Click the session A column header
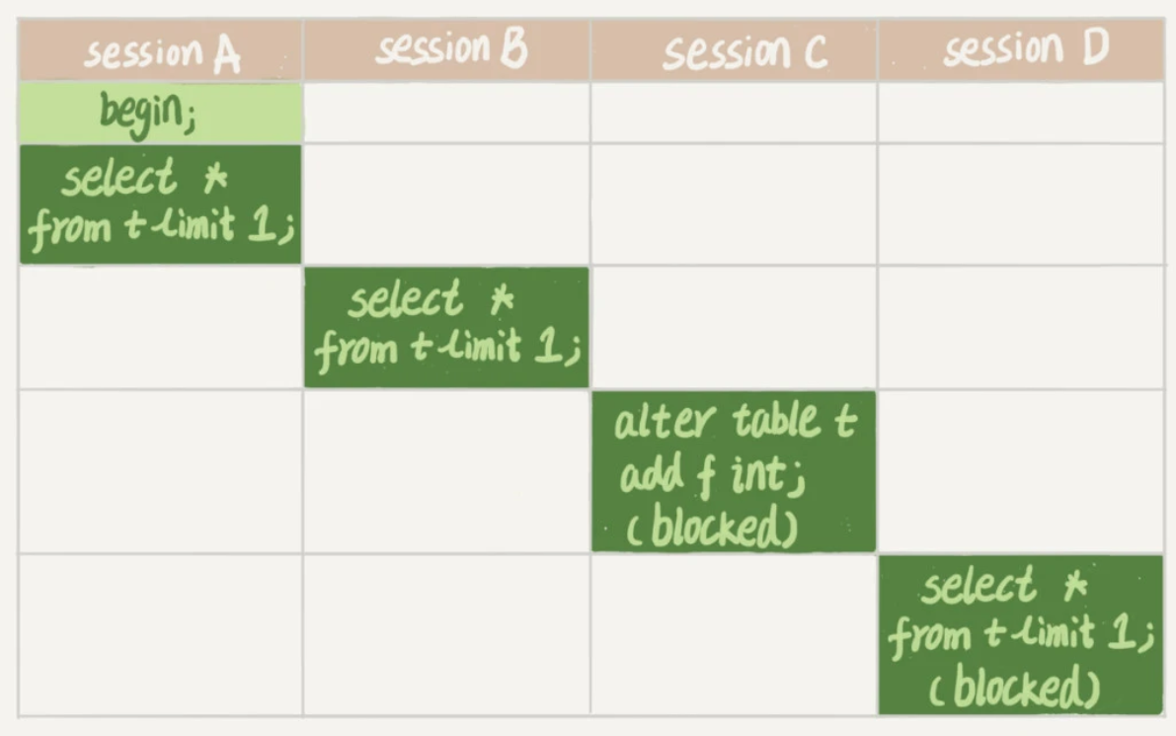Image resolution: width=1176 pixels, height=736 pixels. (x=161, y=50)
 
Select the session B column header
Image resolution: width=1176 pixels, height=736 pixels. (x=447, y=50)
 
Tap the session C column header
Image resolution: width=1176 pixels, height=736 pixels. (x=734, y=50)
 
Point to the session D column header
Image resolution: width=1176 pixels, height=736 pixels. (x=1021, y=50)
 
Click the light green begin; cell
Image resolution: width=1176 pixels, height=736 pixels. (x=161, y=113)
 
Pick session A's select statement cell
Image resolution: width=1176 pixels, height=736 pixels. (x=161, y=204)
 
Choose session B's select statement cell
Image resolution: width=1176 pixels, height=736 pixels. (x=447, y=327)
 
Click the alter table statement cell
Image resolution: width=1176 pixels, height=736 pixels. (x=734, y=471)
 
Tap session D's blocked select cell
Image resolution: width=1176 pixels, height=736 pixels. (x=1021, y=634)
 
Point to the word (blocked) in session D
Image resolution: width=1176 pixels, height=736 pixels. (x=1014, y=687)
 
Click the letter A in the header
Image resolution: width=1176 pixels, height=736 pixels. (x=226, y=54)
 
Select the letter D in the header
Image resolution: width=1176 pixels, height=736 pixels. (x=1095, y=46)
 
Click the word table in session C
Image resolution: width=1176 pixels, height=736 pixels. (x=777, y=420)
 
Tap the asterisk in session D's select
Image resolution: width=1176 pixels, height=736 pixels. (x=1075, y=586)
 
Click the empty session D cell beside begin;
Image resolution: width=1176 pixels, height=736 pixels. (x=1021, y=113)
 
